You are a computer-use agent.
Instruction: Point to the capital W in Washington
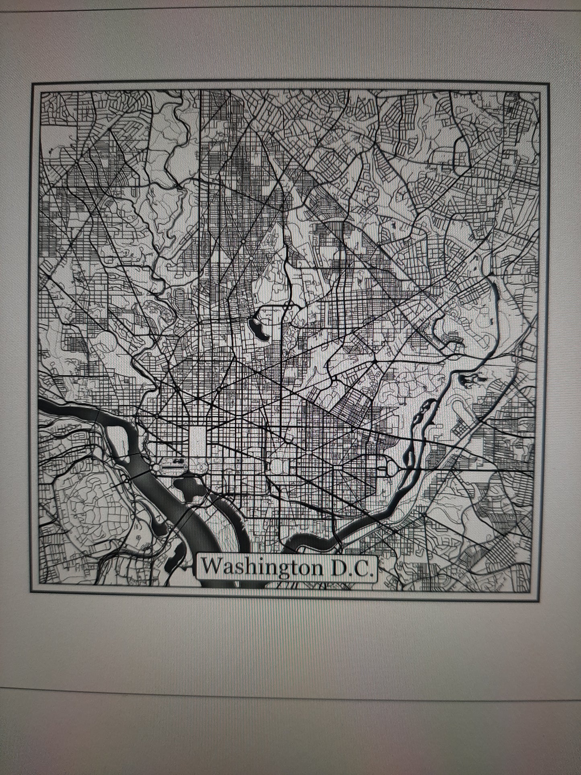coord(211,566)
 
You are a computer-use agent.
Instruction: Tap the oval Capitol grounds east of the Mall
coord(277,467)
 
